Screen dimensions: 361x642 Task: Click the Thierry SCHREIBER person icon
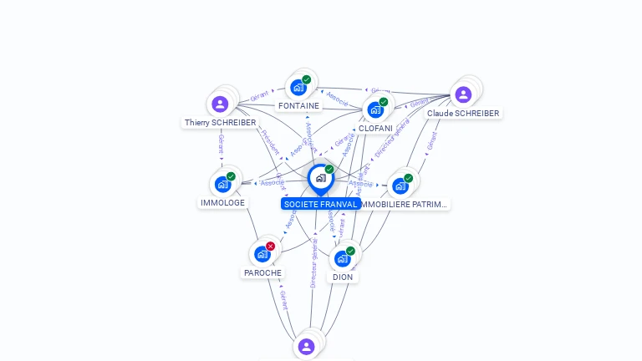click(220, 104)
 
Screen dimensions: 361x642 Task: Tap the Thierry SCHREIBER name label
click(221, 122)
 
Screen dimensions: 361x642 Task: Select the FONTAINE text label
click(298, 106)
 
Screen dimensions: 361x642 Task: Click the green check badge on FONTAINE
click(307, 79)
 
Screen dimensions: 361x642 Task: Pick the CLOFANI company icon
click(375, 109)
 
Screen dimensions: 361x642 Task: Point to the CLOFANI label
click(375, 128)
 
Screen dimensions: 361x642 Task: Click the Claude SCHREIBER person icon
click(463, 94)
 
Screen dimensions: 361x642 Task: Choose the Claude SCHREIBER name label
click(463, 113)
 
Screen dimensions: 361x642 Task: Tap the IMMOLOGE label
click(223, 202)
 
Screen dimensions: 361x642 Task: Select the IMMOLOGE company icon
click(222, 184)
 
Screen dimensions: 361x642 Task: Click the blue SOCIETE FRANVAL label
click(320, 204)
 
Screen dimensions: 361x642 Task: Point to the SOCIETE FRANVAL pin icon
click(320, 178)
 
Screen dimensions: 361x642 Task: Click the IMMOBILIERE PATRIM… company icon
click(400, 186)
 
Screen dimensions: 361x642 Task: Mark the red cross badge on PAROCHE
click(270, 247)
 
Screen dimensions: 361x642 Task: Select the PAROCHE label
click(262, 272)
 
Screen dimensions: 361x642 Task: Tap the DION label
click(343, 277)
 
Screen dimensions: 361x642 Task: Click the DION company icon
click(342, 258)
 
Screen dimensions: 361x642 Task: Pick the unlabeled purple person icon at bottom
click(306, 346)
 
